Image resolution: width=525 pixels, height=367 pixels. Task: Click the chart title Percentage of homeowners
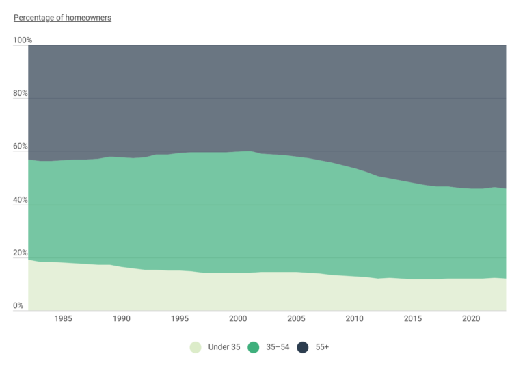pos(62,18)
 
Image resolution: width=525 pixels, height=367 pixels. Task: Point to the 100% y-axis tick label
pos(22,40)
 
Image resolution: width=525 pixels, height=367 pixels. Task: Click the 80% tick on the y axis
pos(21,93)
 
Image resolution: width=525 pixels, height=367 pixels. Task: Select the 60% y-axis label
pos(21,147)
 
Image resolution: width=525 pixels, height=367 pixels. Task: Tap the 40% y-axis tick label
pos(21,200)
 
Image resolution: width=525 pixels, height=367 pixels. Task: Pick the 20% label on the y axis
pos(21,253)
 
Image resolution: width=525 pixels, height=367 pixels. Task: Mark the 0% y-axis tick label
pos(18,306)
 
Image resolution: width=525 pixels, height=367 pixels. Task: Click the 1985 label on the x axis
pos(63,319)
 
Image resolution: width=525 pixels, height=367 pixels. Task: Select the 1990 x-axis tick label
pos(121,319)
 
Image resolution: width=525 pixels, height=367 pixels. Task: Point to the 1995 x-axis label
pos(179,319)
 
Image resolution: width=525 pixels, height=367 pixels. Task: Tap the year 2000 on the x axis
pos(237,319)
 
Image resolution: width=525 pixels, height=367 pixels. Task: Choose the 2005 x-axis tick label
pos(296,319)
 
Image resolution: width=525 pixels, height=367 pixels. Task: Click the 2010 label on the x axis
pos(354,319)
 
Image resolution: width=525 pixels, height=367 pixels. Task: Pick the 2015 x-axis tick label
pos(412,319)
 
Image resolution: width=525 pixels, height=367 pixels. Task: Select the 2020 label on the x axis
pos(470,319)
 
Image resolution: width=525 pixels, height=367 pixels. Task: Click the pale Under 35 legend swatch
pos(196,347)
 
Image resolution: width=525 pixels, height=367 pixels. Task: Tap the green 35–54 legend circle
pos(254,347)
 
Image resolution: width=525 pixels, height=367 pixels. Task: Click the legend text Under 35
pos(224,347)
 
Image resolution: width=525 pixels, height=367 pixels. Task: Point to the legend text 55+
pos(323,347)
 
